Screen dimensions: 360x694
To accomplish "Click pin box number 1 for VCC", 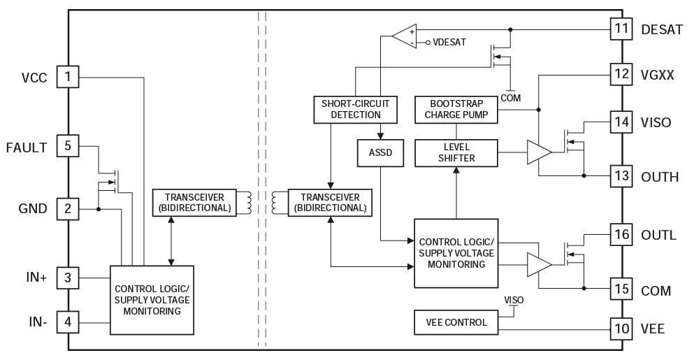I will coord(67,77).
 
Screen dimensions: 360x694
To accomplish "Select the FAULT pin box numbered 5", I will coord(67,147).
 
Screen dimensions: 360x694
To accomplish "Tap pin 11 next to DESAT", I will coord(621,29).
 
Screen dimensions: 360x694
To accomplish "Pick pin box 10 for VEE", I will coord(621,328).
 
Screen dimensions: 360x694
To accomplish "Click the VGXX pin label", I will coord(657,73).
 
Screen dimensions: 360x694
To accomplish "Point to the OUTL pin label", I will coord(658,235).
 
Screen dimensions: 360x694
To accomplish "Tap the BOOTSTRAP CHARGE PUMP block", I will coord(456,108).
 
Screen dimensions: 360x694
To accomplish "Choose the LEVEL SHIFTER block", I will coord(456,152).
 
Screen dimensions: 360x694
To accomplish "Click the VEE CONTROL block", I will coord(456,322).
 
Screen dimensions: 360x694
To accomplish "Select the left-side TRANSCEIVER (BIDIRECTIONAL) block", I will coord(193,202).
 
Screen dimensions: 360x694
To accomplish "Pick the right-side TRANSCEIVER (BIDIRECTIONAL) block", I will coord(328,202).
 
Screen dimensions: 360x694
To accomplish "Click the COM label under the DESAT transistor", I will coord(512,99).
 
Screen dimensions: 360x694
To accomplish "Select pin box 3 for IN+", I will coord(67,278).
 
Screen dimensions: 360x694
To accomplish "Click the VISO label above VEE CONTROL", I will coord(514,300).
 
